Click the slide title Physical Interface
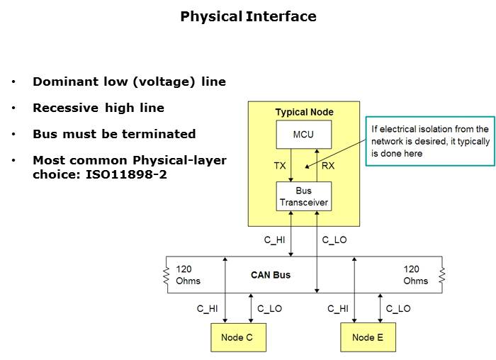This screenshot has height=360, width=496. tap(248, 16)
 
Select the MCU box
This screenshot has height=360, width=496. tap(304, 135)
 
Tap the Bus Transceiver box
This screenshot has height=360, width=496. tap(304, 196)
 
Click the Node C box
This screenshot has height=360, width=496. tap(237, 337)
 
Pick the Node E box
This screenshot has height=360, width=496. tap(368, 337)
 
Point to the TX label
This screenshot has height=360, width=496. tap(280, 166)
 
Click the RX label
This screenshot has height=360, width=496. tap(328, 166)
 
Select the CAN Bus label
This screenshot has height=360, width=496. tap(271, 274)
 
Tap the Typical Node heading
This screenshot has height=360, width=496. tap(304, 112)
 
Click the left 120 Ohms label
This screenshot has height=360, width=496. tap(188, 275)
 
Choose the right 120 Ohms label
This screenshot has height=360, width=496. tap(416, 275)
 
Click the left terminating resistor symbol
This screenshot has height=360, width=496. tap(166, 274)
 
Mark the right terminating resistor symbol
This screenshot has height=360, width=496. tap(441, 274)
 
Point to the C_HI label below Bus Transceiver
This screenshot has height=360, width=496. tap(274, 240)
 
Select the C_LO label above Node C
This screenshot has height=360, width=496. tap(269, 308)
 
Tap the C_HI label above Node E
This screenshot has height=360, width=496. tap(339, 308)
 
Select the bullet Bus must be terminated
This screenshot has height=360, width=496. tap(114, 134)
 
